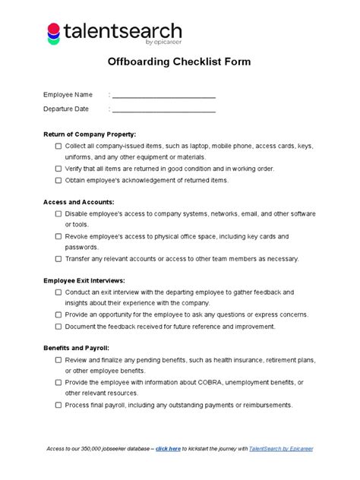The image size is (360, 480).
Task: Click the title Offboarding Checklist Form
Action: [x=179, y=62]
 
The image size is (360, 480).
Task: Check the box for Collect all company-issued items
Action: [x=58, y=146]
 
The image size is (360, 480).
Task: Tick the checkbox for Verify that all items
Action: [x=58, y=169]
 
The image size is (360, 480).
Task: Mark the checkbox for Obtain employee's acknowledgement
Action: [x=58, y=181]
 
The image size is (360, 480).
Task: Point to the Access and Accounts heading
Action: [x=79, y=202]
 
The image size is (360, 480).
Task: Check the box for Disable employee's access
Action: [x=58, y=214]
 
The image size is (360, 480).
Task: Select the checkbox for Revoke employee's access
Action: [x=58, y=237]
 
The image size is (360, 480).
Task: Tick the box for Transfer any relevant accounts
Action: [x=58, y=259]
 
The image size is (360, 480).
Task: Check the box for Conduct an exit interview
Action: [x=58, y=292]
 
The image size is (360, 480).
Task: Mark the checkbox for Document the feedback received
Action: [x=58, y=327]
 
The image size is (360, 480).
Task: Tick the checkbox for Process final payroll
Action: [x=58, y=406]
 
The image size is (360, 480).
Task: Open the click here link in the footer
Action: [x=168, y=449]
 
